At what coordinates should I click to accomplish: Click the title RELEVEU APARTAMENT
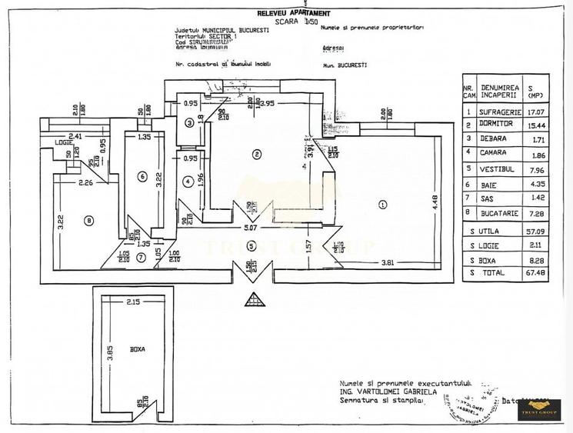click(x=295, y=14)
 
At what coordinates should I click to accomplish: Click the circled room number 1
click(x=382, y=205)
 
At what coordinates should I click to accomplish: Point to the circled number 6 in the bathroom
click(x=142, y=177)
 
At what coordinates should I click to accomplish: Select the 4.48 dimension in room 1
click(x=434, y=204)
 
